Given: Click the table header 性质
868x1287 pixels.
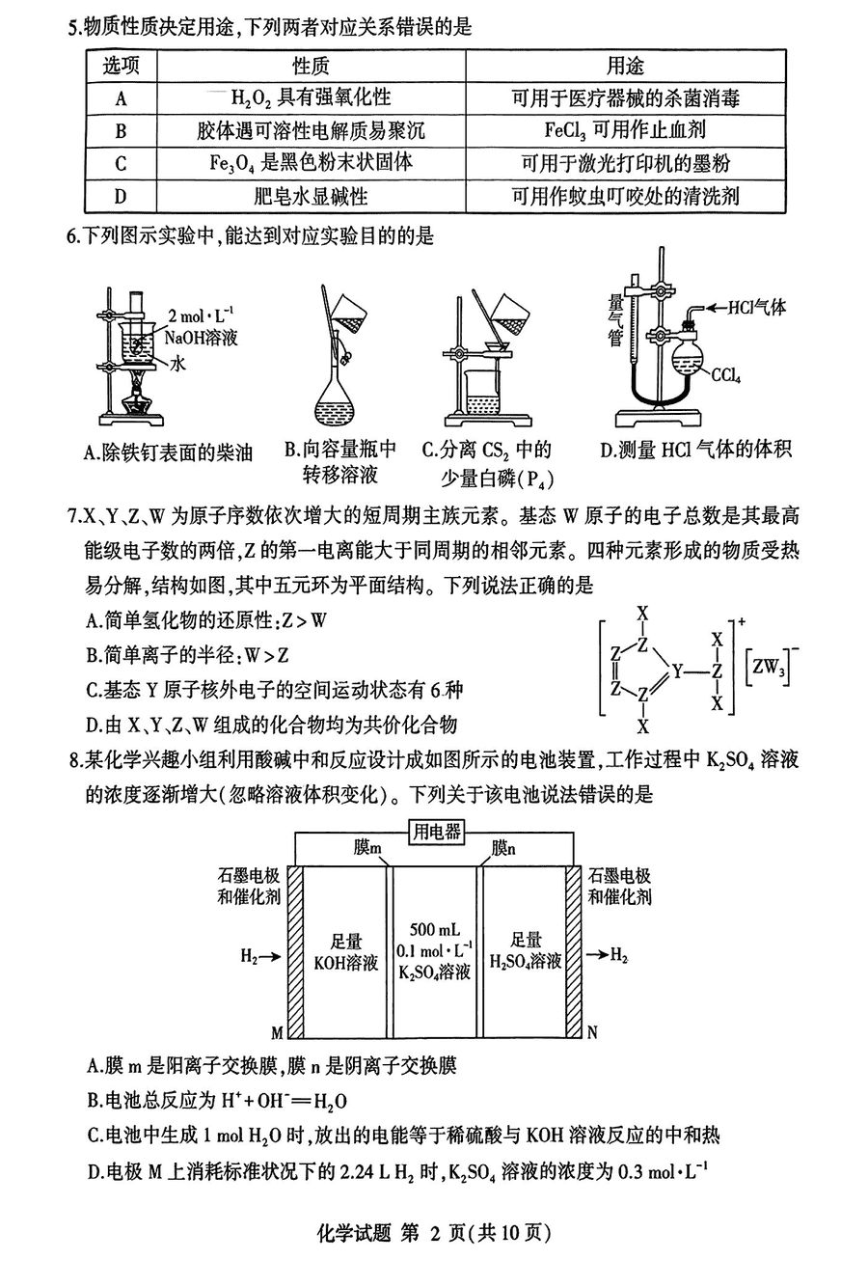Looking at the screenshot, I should point(311,66).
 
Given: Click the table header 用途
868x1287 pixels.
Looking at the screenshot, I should point(625,66).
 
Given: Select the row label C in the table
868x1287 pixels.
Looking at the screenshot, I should point(121,163).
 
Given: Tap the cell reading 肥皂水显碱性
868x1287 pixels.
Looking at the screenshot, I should point(311,196).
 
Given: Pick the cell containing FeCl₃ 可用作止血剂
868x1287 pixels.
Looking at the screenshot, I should point(625,130).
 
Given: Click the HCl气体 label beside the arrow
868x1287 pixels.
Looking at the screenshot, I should point(757,308).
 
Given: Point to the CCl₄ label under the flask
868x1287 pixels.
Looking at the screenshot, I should point(725,375).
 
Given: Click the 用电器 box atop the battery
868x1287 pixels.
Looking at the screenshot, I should point(437,832).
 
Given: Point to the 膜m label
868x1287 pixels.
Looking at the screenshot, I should point(367,848).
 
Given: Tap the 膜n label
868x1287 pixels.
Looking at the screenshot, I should point(503,848).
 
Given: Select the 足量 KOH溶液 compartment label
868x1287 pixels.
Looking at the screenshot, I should point(346,950).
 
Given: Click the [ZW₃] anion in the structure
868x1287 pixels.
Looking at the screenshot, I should point(770,667).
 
